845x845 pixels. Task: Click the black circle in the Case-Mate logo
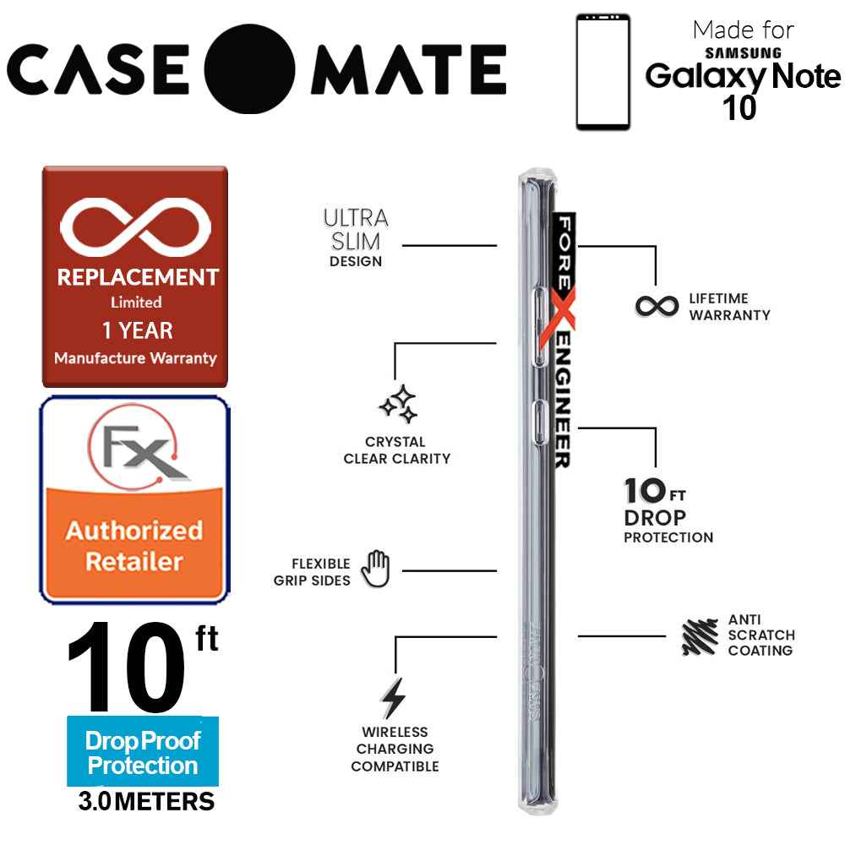coord(249,69)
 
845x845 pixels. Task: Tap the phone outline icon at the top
coord(603,72)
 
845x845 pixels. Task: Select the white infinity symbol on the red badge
coord(135,227)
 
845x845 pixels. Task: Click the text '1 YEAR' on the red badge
coord(135,330)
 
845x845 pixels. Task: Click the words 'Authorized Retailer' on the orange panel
coord(135,545)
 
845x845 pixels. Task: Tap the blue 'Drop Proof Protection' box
coord(142,753)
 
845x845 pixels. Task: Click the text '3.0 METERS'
coord(145,800)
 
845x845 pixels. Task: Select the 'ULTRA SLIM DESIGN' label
coord(356,237)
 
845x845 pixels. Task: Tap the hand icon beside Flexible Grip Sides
coord(375,569)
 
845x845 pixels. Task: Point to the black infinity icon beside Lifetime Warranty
coord(657,305)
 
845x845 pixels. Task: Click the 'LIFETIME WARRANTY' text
coord(729,306)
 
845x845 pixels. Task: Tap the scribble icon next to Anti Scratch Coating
coord(700,636)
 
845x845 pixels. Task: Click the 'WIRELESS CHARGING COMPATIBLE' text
coord(395,749)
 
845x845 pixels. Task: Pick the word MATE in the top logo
coord(408,70)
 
